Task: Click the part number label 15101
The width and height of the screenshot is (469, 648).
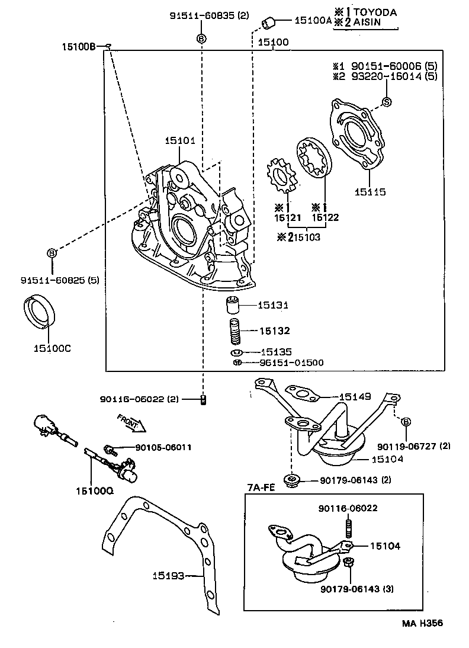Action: coord(180,140)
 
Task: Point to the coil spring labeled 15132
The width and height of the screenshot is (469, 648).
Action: coord(236,331)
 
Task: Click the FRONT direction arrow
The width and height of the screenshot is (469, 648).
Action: coord(131,422)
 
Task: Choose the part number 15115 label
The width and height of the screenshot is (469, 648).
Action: coord(370,192)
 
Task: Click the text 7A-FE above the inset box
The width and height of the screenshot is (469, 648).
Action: coord(261,487)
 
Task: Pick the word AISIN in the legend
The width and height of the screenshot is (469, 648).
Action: coord(367,23)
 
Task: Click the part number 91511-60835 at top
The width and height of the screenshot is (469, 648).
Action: coord(201,16)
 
